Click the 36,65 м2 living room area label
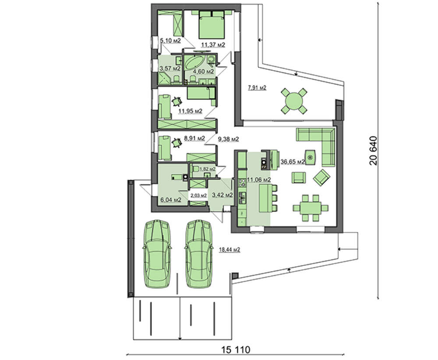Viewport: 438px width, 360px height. click(293, 162)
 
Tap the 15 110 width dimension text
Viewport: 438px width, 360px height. click(236, 349)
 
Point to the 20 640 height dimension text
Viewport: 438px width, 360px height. click(373, 151)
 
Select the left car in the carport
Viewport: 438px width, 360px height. click(157, 254)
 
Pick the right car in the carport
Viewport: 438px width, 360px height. click(199, 254)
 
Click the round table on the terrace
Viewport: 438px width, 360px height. click(293, 101)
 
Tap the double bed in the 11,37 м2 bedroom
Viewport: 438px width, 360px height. click(212, 25)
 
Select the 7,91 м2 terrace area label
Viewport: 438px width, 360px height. click(257, 88)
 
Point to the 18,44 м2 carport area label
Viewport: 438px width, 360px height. click(230, 250)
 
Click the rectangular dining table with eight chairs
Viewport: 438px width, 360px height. click(311, 208)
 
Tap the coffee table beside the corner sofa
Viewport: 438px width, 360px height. click(311, 158)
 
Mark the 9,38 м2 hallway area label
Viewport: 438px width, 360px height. click(228, 139)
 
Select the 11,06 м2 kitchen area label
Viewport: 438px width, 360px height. click(258, 180)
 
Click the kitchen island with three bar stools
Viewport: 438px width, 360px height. click(268, 198)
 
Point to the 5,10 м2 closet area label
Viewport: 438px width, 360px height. click(170, 41)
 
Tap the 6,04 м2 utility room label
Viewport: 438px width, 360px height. click(171, 200)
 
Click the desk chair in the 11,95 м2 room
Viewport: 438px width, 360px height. click(176, 102)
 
